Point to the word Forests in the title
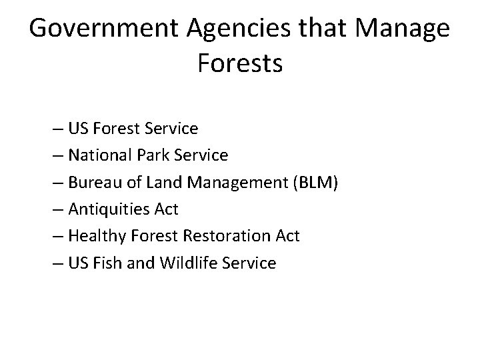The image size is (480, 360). point(240,64)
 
